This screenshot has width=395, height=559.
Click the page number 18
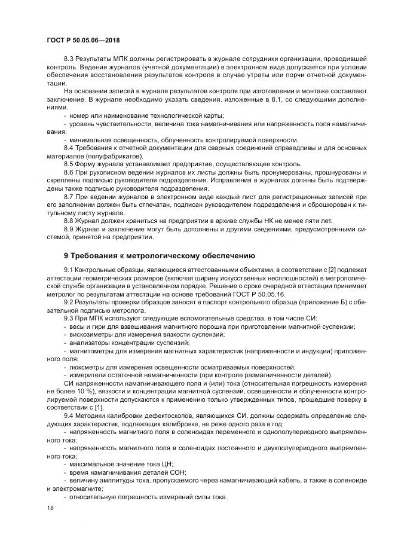tap(50, 508)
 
